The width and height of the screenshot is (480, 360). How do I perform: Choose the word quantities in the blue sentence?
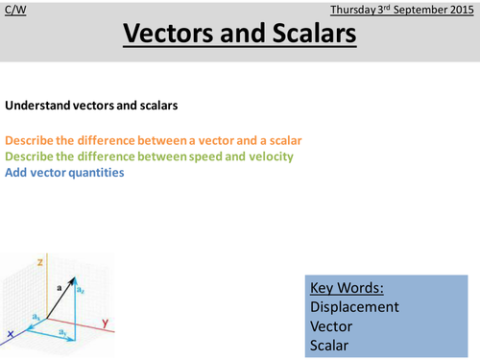tap(94, 173)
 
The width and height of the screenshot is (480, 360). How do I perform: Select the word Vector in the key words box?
tap(332, 326)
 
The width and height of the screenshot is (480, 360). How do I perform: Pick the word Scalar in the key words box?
tap(330, 345)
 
